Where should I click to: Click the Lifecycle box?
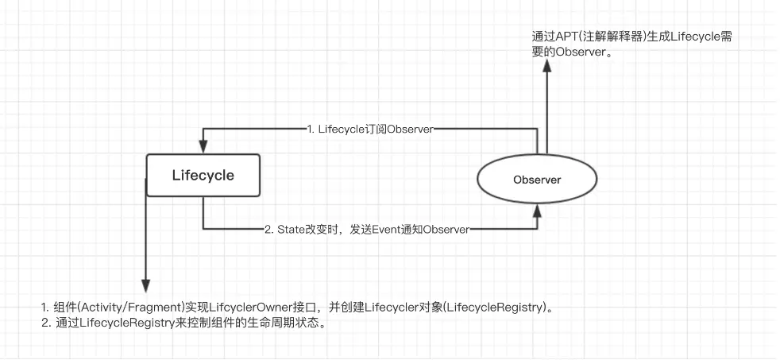pyautogui.click(x=203, y=176)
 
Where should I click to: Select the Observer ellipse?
pyautogui.click(x=537, y=180)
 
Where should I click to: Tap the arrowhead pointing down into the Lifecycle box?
pyautogui.click(x=203, y=146)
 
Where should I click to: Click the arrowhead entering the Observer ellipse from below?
pyautogui.click(x=538, y=211)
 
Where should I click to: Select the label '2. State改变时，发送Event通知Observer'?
pyautogui.click(x=366, y=229)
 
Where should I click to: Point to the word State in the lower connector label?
pyautogui.click(x=292, y=229)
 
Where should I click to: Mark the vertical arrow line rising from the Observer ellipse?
pyautogui.click(x=546, y=111)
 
